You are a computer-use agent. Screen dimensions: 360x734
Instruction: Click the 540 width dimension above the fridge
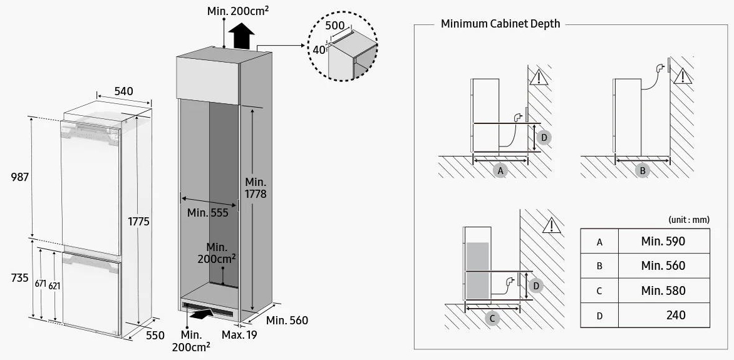coord(123,91)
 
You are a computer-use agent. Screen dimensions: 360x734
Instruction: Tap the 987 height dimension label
coord(20,177)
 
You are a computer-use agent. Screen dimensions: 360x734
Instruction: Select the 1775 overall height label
coord(139,222)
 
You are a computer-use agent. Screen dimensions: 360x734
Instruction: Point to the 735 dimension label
coord(19,277)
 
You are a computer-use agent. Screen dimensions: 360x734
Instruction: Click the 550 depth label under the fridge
coord(155,335)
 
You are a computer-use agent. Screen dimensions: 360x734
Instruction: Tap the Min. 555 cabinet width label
coord(208,213)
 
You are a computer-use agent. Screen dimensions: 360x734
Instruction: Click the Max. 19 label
coord(239,335)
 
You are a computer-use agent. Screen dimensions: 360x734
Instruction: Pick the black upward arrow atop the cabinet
coord(241,36)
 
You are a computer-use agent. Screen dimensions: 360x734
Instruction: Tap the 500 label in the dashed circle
coord(335,26)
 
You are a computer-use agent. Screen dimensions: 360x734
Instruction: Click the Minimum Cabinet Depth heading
coord(500,24)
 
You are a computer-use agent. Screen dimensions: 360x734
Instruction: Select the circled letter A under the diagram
coord(500,170)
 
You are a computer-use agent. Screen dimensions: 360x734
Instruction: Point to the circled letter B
coord(643,170)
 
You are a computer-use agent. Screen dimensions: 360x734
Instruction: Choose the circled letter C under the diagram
coord(492,319)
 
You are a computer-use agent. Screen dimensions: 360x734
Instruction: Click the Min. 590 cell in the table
coord(663,241)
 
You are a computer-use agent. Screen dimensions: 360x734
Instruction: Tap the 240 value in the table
coord(676,315)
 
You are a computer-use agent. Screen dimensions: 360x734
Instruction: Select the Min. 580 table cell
coord(663,291)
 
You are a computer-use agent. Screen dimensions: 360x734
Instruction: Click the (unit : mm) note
coord(689,220)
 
